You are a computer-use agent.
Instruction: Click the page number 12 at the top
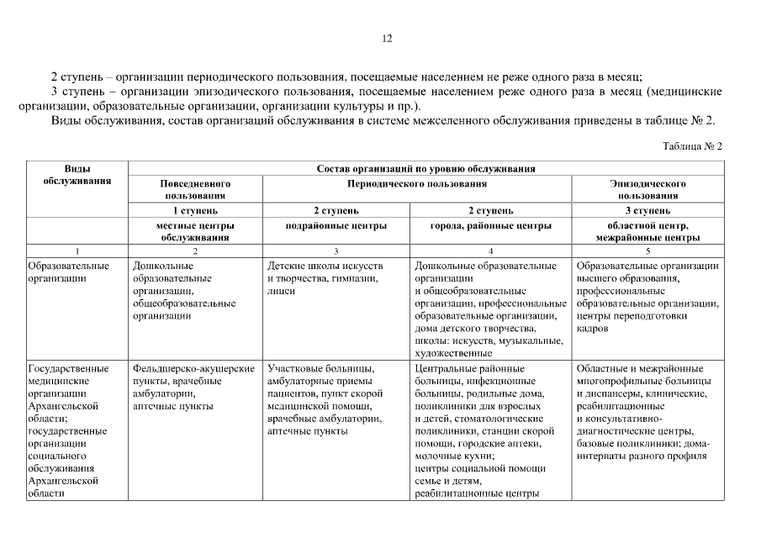click(388, 38)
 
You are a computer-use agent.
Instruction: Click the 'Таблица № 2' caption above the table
click(692, 145)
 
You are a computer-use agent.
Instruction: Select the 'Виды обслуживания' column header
click(77, 175)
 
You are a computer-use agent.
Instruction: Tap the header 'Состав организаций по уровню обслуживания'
click(425, 169)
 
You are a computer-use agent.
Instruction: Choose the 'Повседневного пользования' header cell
click(195, 188)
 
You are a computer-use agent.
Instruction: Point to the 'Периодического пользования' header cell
click(416, 182)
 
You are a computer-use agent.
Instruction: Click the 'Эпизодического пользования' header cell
click(647, 188)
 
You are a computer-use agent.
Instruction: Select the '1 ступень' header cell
click(195, 210)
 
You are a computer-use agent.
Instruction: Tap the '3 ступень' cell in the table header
click(647, 210)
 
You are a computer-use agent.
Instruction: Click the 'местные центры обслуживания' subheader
click(195, 231)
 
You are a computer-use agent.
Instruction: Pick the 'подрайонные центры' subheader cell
click(336, 225)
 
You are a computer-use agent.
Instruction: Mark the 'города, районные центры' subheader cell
click(490, 225)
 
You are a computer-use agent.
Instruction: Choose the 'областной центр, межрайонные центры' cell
click(647, 231)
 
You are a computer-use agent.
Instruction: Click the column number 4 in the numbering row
click(491, 251)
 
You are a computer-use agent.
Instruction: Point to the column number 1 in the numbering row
click(77, 251)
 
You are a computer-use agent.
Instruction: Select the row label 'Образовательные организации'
click(68, 272)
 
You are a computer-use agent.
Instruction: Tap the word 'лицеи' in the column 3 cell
click(281, 291)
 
